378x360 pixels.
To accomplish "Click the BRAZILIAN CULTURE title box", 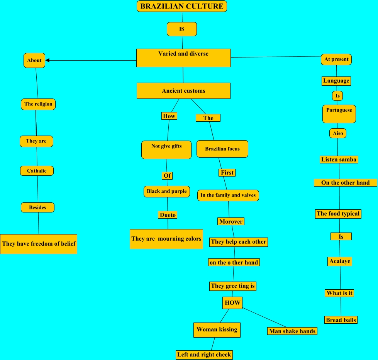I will (181, 6).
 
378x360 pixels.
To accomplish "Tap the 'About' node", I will (34, 60).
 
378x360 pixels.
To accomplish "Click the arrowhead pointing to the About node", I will (48, 60).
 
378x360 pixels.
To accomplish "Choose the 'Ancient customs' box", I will (183, 91).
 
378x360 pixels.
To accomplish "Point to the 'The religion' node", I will (38, 104).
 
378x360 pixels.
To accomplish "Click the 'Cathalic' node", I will (37, 171).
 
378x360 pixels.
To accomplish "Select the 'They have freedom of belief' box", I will (39, 244).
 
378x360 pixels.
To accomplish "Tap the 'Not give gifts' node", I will (166, 150).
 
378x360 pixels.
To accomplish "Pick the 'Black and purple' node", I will (167, 192).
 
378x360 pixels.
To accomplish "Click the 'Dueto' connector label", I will (168, 215).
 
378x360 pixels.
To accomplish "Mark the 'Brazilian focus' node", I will (222, 149).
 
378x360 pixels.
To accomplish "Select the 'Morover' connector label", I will (231, 221).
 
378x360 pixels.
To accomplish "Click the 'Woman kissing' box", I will (217, 330).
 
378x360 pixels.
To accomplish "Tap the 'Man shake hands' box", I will (292, 331).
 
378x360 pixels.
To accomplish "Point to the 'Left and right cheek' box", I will (204, 355).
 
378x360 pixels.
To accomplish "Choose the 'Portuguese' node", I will (339, 114).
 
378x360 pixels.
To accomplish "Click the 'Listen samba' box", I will (339, 160).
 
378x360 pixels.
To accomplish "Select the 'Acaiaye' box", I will (340, 262).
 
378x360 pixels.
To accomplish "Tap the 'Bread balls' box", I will (341, 320).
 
